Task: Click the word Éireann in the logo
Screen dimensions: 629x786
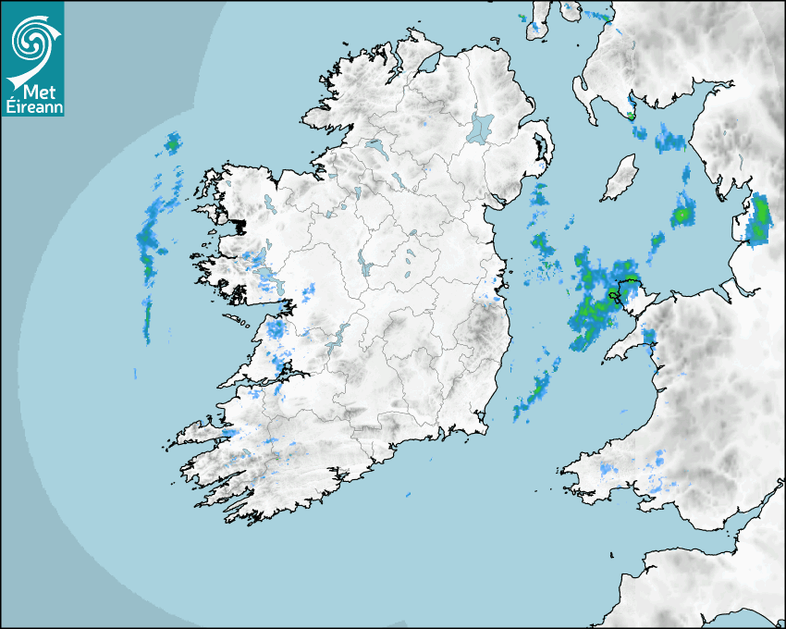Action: click(x=33, y=107)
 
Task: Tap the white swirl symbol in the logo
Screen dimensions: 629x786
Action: click(x=33, y=41)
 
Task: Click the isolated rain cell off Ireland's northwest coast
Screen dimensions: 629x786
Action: click(x=172, y=142)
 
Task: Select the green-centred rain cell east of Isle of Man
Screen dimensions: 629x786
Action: click(x=682, y=213)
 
